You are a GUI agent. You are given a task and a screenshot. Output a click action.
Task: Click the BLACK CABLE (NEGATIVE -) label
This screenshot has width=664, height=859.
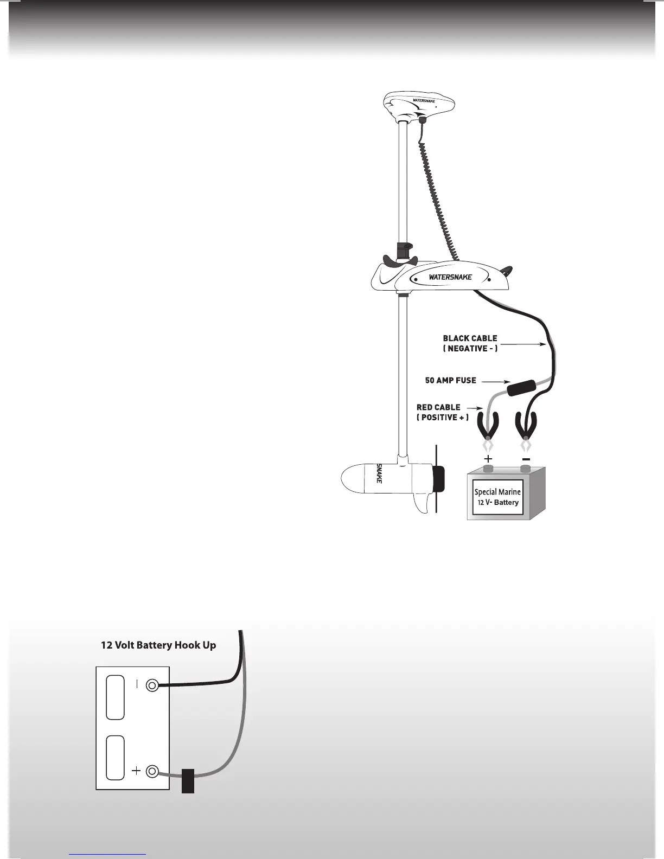[470, 343]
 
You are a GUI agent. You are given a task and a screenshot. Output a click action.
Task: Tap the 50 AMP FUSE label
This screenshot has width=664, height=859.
[450, 380]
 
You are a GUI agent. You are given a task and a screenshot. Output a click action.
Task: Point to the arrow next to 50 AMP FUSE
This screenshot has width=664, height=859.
[494, 381]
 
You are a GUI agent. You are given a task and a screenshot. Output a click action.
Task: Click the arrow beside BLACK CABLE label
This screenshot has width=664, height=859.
[522, 344]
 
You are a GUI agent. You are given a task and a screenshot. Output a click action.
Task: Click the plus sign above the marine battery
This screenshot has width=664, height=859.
[488, 459]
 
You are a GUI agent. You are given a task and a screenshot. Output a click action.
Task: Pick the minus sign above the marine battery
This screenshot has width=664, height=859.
[525, 459]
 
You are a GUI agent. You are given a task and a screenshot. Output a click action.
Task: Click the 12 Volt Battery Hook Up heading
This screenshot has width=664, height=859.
[158, 645]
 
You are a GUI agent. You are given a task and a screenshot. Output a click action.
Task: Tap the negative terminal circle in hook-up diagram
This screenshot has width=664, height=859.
[152, 686]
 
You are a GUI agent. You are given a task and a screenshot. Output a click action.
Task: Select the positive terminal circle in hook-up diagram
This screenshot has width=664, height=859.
[152, 771]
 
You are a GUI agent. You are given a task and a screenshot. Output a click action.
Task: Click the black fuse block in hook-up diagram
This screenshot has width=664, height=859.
[188, 780]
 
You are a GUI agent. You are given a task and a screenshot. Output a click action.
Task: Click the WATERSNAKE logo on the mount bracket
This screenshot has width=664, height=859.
[450, 277]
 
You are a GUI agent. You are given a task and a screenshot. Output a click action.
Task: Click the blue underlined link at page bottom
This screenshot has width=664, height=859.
[107, 854]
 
